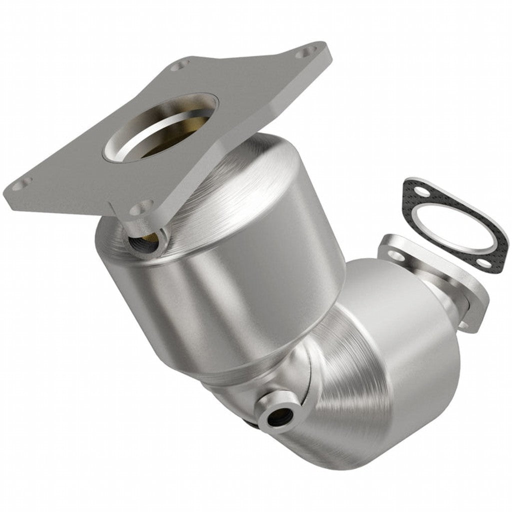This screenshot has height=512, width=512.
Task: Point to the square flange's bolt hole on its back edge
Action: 180,64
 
